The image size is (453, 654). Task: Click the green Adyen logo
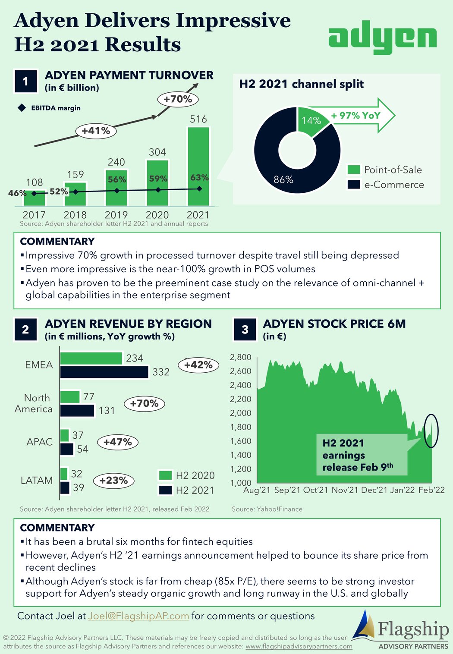click(x=382, y=38)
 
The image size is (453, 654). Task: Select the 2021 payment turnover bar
click(x=198, y=166)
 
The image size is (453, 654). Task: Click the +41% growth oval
click(x=96, y=131)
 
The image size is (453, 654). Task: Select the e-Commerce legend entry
click(x=386, y=185)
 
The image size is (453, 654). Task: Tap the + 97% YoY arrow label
click(x=356, y=116)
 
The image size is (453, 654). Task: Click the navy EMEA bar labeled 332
click(x=104, y=372)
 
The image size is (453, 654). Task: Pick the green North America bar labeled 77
click(x=70, y=396)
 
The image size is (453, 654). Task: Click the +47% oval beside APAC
click(x=118, y=442)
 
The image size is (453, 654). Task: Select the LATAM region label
click(x=37, y=480)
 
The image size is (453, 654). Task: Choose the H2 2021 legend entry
click(x=187, y=490)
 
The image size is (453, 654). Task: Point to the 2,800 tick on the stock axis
click(x=240, y=357)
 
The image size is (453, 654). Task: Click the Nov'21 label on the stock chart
click(x=345, y=490)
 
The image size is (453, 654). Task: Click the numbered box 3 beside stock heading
click(x=245, y=330)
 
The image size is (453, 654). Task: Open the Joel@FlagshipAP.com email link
click(x=138, y=616)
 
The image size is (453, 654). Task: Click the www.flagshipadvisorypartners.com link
click(x=299, y=646)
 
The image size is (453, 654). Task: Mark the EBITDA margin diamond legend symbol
click(x=22, y=108)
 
